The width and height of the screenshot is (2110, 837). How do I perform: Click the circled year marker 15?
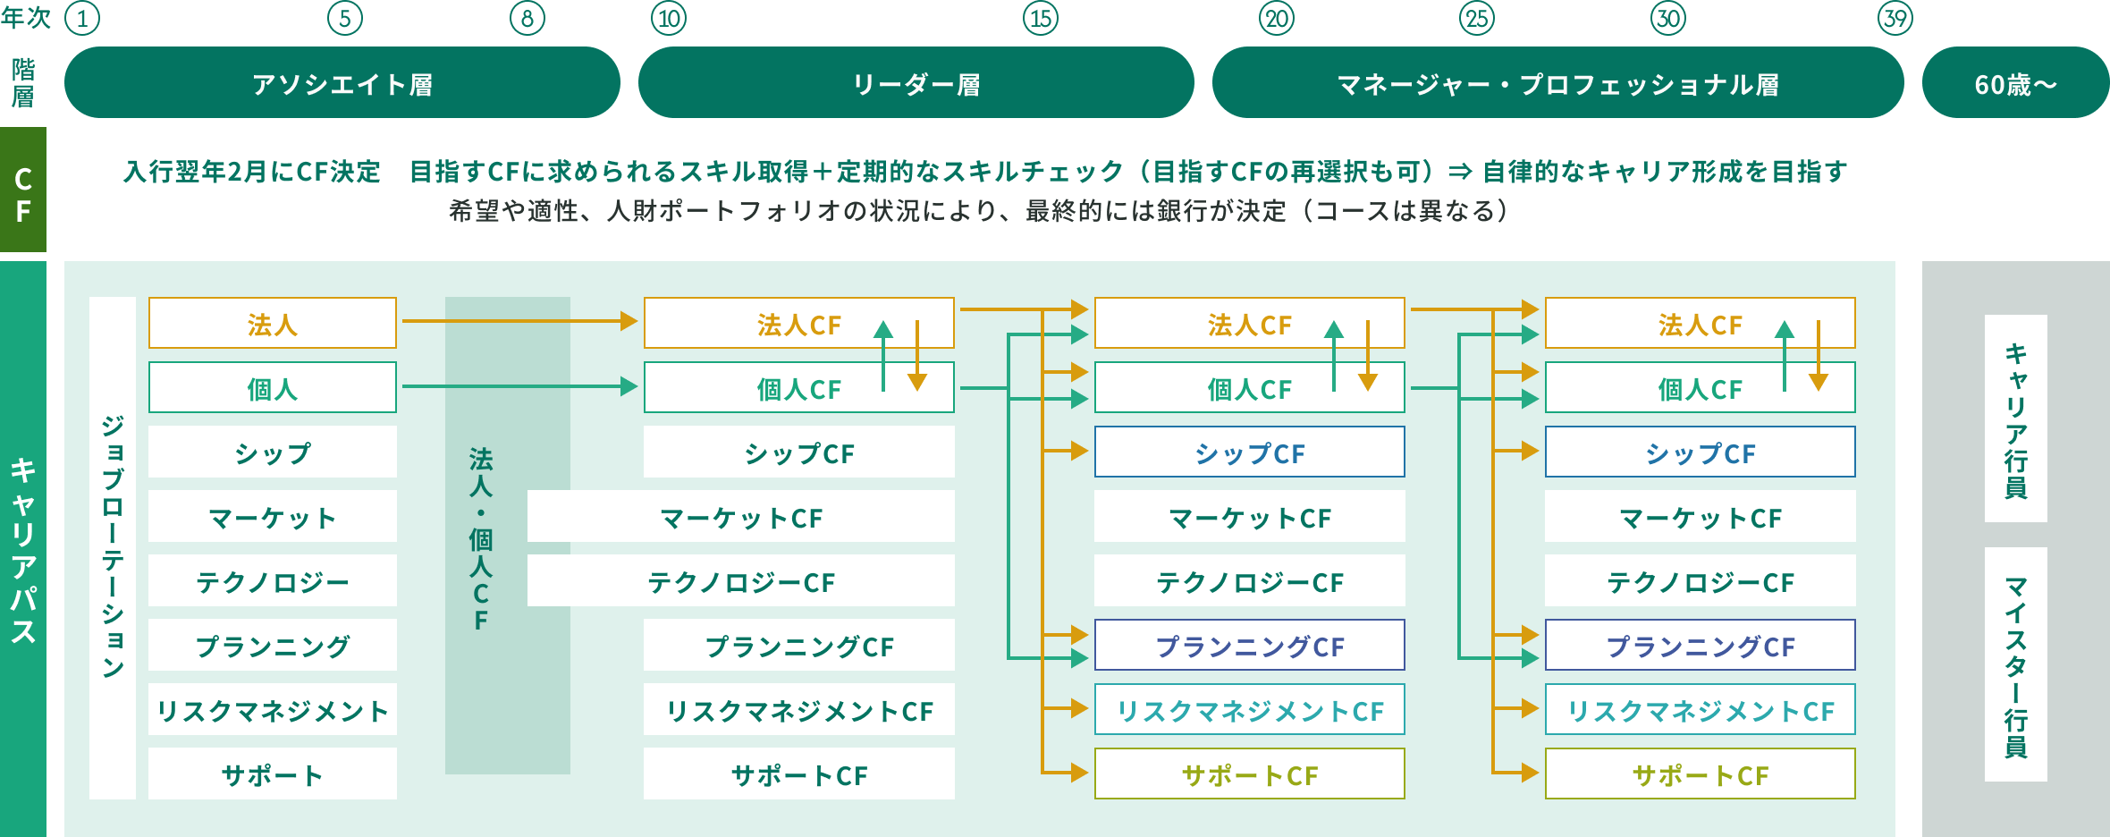tap(1040, 19)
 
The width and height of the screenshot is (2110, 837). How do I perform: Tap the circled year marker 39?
tap(1895, 19)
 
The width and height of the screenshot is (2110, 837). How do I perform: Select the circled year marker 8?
tap(527, 19)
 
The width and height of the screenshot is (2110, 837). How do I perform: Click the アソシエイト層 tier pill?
tap(342, 83)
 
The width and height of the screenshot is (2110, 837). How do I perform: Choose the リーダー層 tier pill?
tap(916, 83)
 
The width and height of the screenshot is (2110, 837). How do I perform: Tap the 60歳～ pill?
tap(2015, 83)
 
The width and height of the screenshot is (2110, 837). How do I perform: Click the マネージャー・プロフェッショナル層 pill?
tap(1557, 83)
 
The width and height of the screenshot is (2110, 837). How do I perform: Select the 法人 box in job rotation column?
tap(272, 323)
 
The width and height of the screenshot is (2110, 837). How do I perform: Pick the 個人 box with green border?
tap(272, 387)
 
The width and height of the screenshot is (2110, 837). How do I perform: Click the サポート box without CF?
tap(272, 774)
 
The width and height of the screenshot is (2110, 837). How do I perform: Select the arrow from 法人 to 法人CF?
tap(519, 320)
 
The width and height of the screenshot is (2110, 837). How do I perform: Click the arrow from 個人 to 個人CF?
tap(519, 386)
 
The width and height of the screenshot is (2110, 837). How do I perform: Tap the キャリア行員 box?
tap(2015, 418)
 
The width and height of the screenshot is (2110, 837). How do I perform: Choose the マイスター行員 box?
tap(2015, 664)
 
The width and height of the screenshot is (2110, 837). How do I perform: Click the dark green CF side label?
tap(23, 190)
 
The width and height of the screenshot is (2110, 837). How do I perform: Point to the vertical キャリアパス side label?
tap(23, 549)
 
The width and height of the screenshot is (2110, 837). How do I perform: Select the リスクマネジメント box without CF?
tap(272, 709)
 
